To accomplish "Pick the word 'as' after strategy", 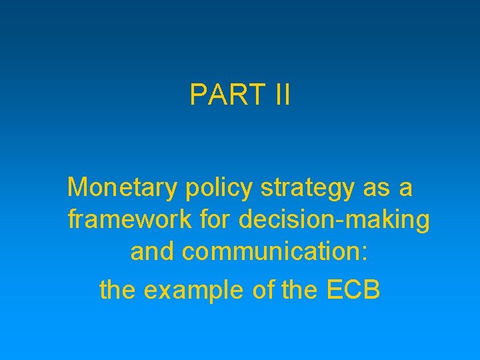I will (x=373, y=188).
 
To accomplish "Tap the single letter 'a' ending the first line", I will (x=406, y=188).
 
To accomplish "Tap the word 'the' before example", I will (x=116, y=289).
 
